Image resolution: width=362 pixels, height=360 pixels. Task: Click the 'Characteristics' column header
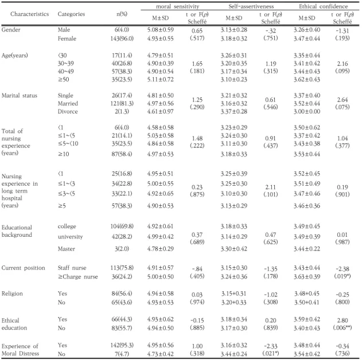coord(30,14)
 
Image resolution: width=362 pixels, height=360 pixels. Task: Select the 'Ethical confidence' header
coord(323,6)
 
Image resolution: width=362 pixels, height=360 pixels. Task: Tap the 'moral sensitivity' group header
coord(177,6)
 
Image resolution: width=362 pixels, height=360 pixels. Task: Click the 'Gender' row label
coord(11,30)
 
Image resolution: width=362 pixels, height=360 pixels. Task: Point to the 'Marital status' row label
coord(19,96)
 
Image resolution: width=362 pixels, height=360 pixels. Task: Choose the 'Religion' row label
coord(12,294)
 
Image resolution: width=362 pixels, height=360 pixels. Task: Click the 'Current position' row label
coord(23,268)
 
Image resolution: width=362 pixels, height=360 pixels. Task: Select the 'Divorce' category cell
coord(68,111)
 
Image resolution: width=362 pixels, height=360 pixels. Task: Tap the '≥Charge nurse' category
coord(78,276)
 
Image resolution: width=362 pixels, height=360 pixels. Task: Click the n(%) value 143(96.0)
coord(122,38)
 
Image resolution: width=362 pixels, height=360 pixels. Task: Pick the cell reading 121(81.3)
coord(122,103)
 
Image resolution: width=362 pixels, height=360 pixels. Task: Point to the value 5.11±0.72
coord(160,79)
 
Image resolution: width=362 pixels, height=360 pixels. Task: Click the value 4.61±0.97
coord(160,111)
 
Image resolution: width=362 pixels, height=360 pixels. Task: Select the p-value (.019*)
coord(342,276)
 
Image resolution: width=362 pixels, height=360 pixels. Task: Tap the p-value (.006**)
coord(342,327)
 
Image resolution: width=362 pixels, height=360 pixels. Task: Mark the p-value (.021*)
coord(271,353)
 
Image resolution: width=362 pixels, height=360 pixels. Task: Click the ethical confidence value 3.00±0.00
coord(307,111)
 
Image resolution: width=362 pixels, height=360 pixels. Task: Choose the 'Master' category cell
coord(66,249)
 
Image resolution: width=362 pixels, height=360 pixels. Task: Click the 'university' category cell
coord(70,237)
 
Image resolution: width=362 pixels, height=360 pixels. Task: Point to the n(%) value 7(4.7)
coord(122,354)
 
